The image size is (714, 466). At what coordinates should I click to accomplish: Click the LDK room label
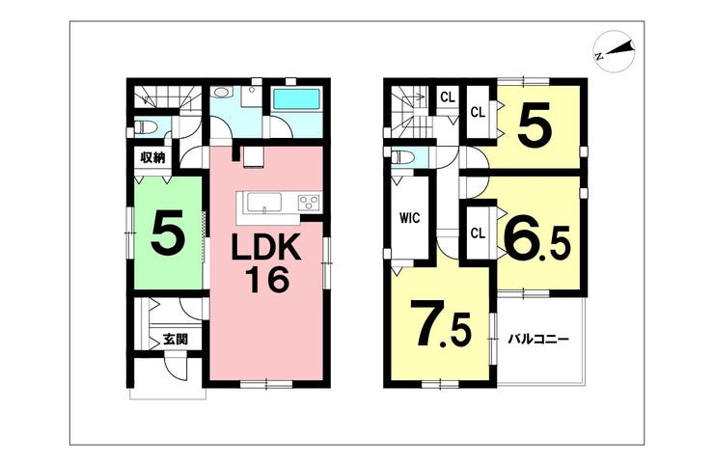click(x=266, y=246)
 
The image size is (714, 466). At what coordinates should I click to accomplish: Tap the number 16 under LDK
click(x=266, y=281)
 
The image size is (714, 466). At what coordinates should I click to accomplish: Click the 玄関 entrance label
click(x=175, y=339)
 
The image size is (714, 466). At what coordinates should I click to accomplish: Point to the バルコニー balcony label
click(x=539, y=339)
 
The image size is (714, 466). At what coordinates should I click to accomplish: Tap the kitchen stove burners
click(x=309, y=202)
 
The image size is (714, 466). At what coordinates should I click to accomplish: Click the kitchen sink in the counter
click(x=262, y=202)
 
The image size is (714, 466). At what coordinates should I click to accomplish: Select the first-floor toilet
click(x=147, y=125)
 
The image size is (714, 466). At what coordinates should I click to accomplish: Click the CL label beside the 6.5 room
click(x=478, y=232)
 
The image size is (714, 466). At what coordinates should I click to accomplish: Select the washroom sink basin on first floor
click(x=222, y=94)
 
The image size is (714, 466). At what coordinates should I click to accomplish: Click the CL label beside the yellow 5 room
click(x=478, y=112)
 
